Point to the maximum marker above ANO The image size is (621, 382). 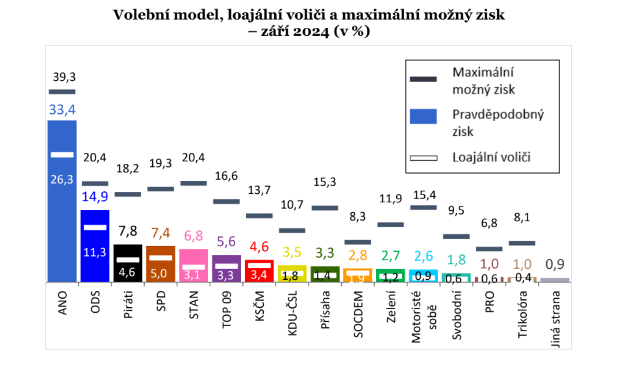(62, 92)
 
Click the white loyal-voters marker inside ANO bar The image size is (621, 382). (62, 154)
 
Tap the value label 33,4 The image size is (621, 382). (63, 110)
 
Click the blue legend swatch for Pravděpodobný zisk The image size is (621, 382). (423, 116)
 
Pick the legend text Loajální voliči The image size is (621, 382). (491, 157)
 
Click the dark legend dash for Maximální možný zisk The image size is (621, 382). (423, 79)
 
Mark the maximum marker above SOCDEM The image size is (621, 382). (358, 242)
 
